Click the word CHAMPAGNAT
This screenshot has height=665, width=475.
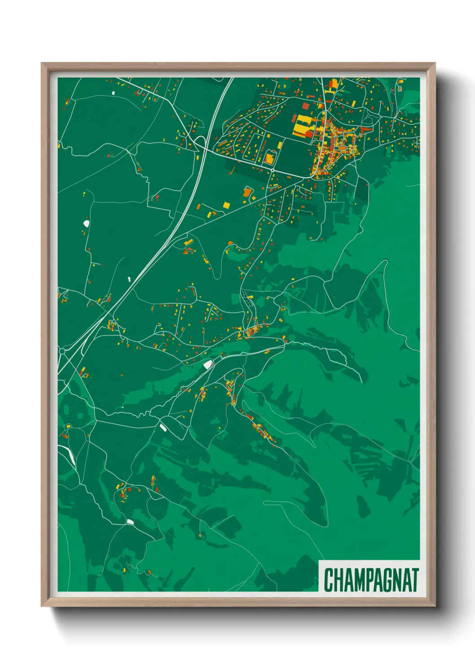click(x=371, y=580)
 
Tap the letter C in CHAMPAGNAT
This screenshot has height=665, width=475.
click(x=329, y=580)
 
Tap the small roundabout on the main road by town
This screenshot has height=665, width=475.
click(x=272, y=170)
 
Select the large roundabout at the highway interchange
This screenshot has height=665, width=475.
click(x=62, y=350)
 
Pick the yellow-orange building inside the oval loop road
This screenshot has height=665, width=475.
click(x=269, y=158)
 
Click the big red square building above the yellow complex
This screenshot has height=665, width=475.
click(x=306, y=106)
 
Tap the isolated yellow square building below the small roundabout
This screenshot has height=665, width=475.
click(x=227, y=205)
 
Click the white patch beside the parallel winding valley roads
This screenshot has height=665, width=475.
click(x=207, y=364)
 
